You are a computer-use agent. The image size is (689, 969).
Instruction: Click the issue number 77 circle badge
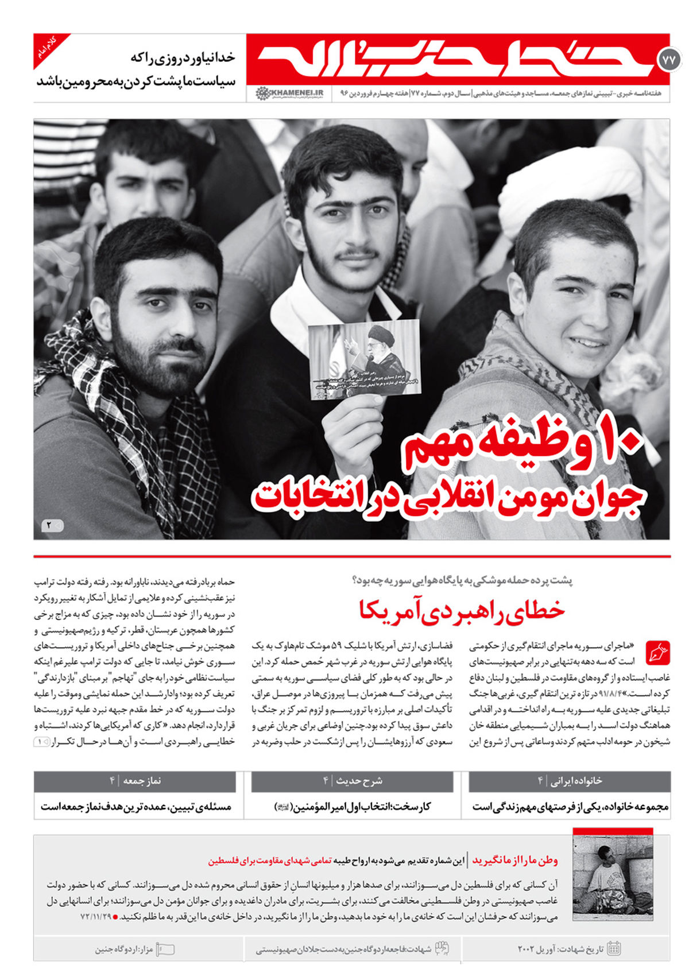tap(669, 59)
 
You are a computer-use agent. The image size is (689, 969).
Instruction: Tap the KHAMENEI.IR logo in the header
tap(289, 93)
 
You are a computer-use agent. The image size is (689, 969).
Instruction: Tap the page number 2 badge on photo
tap(52, 525)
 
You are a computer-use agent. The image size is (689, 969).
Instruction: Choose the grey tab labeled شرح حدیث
tap(352, 781)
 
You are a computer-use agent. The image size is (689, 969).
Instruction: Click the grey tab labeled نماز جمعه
tap(135, 781)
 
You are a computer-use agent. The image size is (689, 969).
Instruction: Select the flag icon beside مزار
tap(165, 949)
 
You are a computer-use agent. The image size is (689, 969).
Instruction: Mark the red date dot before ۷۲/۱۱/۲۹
tap(115, 917)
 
